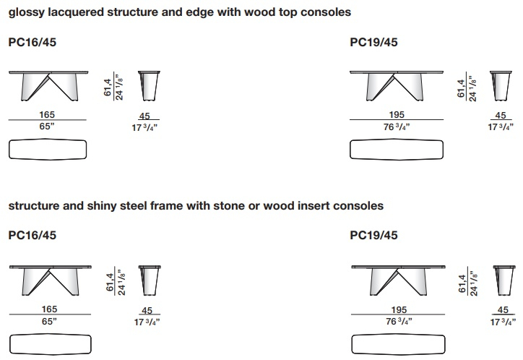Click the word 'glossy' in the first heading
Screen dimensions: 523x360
27,13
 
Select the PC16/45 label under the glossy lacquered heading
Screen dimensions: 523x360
33,43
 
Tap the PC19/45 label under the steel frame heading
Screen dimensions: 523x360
373,235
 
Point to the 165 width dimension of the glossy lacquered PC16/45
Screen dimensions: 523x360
47,114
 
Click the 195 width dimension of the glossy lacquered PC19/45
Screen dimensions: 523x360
397,114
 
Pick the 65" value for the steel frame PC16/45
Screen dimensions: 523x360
49,321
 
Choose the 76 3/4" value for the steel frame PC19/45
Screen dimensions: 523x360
399,321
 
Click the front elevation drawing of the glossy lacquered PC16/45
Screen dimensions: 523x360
48,86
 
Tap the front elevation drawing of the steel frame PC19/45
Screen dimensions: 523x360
398,280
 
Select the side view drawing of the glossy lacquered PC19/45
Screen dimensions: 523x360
501,86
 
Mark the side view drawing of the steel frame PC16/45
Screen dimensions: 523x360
150,280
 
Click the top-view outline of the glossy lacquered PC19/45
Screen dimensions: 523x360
397,150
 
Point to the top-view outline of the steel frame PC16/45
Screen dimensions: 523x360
51,344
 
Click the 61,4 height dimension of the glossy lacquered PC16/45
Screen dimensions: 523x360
108,87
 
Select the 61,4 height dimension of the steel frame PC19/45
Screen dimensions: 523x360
462,283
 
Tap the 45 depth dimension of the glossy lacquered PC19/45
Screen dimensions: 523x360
501,115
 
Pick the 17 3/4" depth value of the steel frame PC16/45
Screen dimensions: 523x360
147,322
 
